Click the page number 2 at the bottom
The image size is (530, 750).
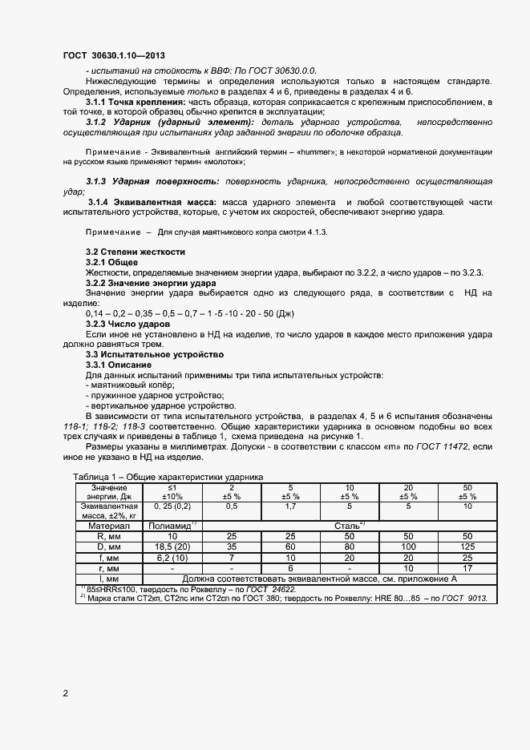pos(65,692)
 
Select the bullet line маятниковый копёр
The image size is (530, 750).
pos(130,385)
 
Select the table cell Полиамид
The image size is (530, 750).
pos(173,526)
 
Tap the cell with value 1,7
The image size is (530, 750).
pos(290,506)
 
